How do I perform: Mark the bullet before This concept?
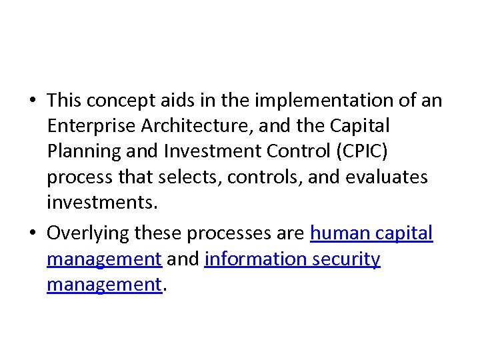32,101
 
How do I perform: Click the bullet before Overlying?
32,234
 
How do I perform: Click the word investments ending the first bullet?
102,202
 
